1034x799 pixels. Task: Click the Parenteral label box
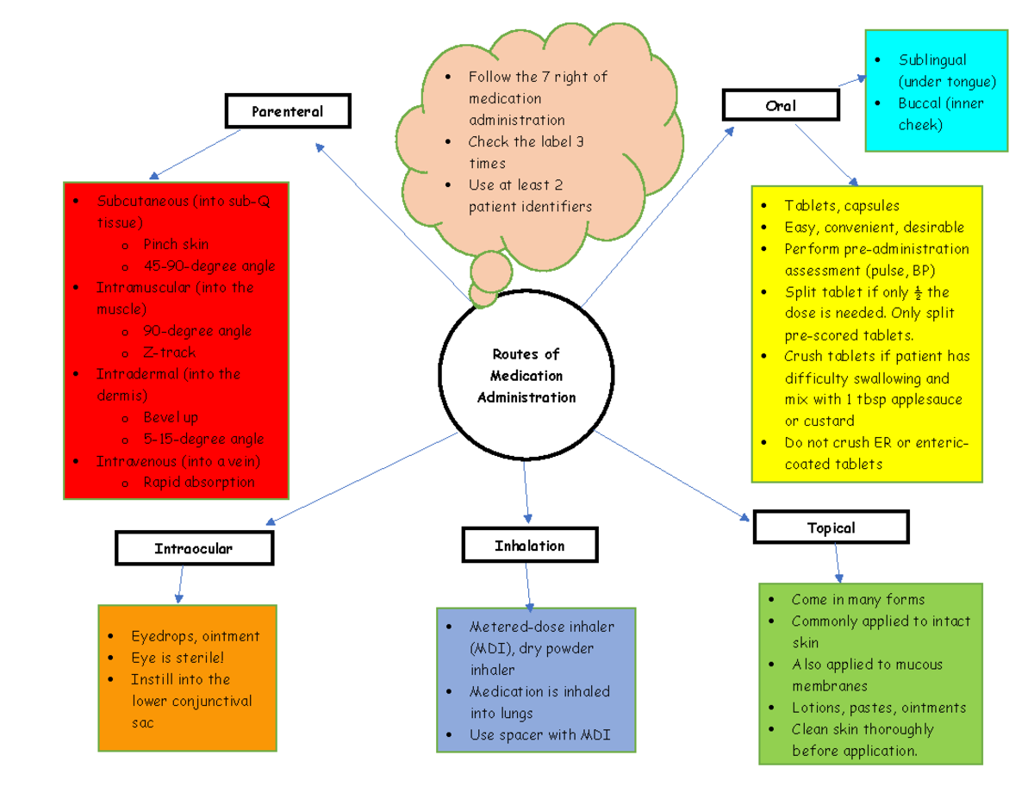point(287,111)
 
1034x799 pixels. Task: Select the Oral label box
point(781,105)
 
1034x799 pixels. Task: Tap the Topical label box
point(831,527)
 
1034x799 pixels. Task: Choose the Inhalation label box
point(529,546)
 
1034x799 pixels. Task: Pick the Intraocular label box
point(194,548)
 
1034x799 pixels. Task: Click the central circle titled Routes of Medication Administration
point(526,376)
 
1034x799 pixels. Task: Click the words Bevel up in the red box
point(171,417)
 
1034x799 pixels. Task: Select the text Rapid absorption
point(198,482)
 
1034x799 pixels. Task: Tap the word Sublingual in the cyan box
point(932,60)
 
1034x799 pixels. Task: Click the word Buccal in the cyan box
point(921,103)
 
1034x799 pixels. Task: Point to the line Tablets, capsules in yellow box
point(841,206)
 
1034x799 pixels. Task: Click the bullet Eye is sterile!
point(178,658)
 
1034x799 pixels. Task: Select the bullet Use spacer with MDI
point(539,735)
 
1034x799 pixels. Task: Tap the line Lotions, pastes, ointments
point(879,708)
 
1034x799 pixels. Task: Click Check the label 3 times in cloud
point(526,152)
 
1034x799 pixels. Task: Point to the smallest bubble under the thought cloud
point(483,299)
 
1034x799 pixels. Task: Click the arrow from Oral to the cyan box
point(852,80)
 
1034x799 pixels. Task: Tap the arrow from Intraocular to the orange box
point(179,584)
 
